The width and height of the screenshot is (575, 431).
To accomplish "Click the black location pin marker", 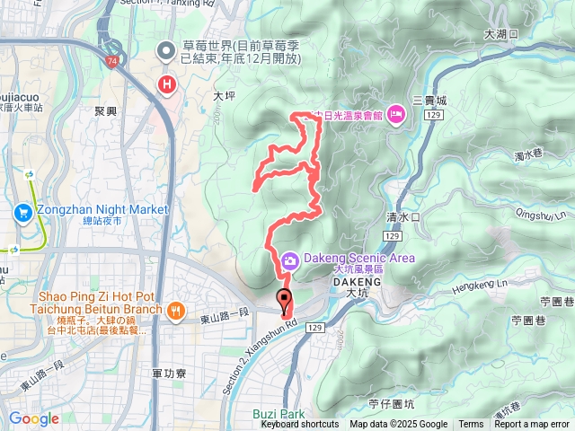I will pos(285,302).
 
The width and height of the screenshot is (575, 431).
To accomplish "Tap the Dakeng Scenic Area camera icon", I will pos(289,260).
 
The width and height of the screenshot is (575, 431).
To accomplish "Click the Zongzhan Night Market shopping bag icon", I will pos(22,212).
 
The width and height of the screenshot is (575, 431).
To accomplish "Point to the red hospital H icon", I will pos(166,85).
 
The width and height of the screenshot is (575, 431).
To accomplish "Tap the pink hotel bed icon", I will pos(396,116).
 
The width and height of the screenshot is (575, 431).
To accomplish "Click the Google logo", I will pos(33,418).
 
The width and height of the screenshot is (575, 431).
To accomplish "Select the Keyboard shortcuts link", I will pos(299,425).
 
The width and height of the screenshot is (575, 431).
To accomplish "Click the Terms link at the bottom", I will pos(471,425).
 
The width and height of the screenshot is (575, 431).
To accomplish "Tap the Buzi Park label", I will pos(279,415).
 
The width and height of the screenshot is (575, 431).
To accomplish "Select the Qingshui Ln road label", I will pos(544,215).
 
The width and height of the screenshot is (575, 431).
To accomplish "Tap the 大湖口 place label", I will pos(501,33).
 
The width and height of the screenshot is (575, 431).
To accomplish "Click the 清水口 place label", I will pos(402,217).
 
